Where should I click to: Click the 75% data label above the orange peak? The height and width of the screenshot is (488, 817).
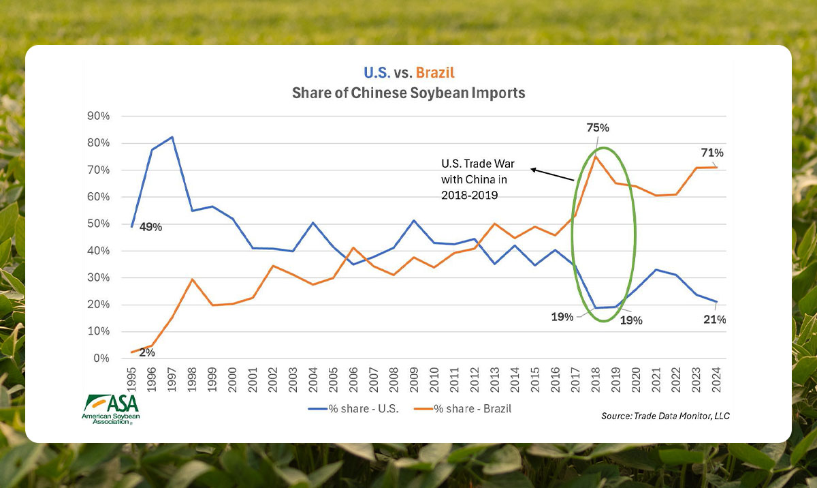597,127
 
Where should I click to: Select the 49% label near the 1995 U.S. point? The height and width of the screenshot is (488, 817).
151,227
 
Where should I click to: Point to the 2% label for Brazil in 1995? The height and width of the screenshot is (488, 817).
146,352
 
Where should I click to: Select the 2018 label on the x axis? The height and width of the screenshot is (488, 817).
596,376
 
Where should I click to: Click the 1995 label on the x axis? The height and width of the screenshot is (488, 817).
131,376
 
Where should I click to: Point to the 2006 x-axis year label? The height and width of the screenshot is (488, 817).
353,376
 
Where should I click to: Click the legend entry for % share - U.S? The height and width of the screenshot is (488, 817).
353,408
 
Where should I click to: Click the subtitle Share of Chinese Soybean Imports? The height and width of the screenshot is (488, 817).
408,93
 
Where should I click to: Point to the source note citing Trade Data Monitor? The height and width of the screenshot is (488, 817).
665,415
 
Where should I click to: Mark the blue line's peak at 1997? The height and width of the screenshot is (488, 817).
172,137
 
